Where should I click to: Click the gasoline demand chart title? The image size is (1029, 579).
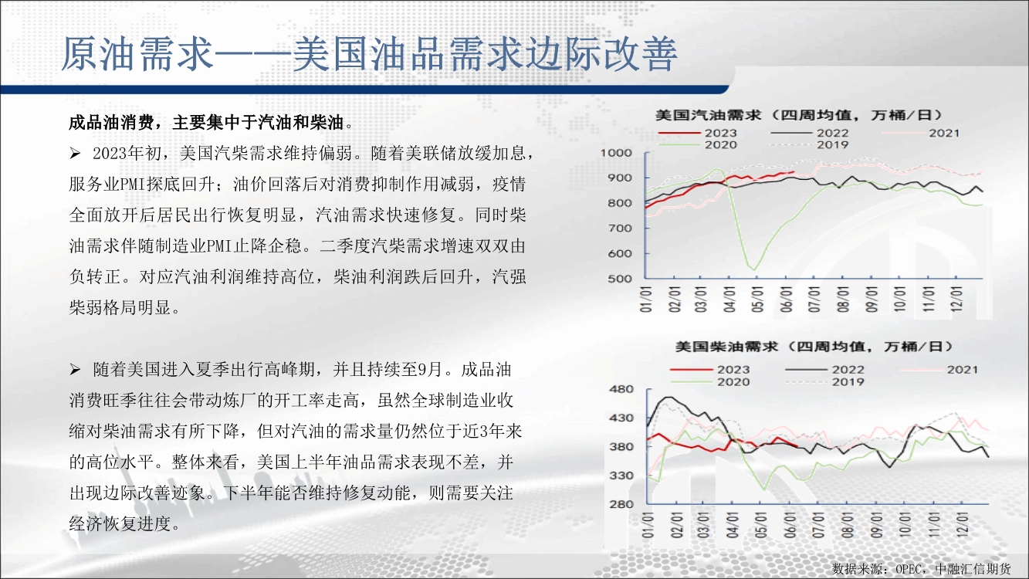(798, 115)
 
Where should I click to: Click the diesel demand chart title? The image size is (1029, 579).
(814, 346)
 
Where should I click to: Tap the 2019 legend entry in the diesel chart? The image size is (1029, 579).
(825, 382)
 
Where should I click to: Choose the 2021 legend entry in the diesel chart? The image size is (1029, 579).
(939, 370)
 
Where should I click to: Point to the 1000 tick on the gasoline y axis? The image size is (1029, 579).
(616, 153)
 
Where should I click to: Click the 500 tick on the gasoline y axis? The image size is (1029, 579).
(620, 279)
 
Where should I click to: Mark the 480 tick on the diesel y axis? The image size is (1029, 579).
(621, 389)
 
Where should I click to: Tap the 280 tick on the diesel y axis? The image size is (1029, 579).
(621, 504)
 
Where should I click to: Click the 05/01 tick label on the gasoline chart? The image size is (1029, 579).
(758, 300)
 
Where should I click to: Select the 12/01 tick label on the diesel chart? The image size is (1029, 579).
(962, 525)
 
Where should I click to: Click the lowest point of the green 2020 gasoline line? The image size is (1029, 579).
(754, 270)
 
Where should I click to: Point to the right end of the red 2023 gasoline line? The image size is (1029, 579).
(794, 172)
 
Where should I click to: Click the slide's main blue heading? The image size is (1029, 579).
(369, 54)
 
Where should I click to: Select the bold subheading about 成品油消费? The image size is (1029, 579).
(211, 122)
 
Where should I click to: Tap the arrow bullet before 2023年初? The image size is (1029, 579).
(75, 154)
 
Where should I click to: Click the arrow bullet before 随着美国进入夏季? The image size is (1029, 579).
(75, 369)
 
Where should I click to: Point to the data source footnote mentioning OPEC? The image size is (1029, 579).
(922, 569)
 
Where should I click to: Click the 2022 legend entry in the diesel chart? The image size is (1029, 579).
(825, 370)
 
